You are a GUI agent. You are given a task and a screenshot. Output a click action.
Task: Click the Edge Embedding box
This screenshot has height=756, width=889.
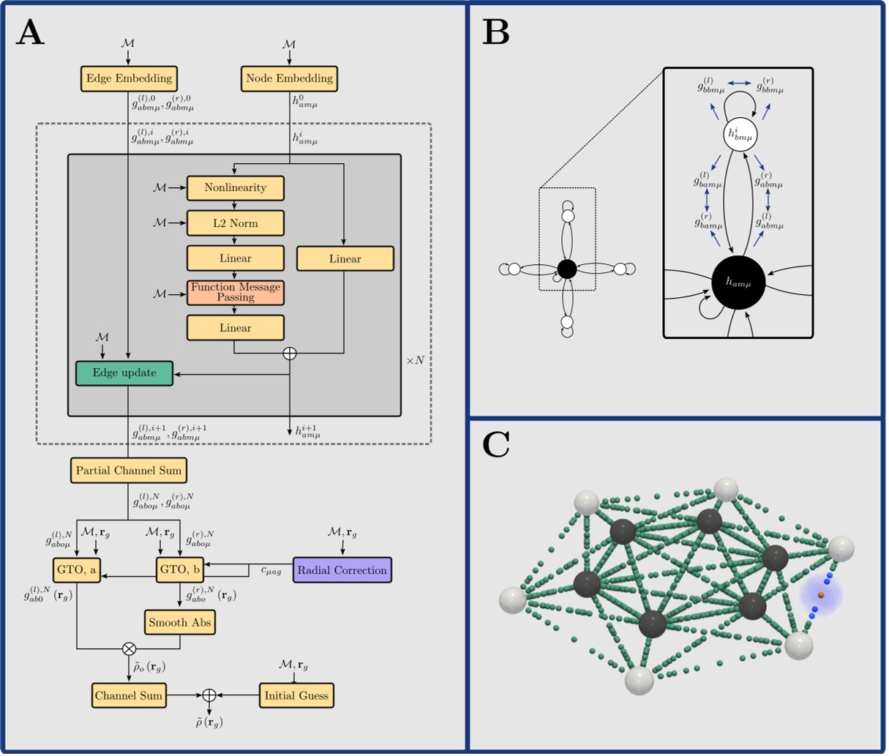[x=130, y=78]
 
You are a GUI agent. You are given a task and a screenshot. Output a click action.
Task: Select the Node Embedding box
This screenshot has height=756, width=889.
[x=289, y=78]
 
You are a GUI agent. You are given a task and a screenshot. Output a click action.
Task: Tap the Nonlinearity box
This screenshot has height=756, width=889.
[x=235, y=188]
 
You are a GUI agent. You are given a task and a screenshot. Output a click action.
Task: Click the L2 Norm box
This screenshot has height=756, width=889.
[x=235, y=223]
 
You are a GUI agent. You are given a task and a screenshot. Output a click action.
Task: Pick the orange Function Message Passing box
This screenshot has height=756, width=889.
[x=235, y=293]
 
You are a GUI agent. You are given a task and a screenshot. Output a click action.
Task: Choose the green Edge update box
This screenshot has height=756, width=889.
[x=124, y=373]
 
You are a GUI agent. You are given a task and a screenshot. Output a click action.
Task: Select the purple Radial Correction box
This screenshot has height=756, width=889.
[x=342, y=570]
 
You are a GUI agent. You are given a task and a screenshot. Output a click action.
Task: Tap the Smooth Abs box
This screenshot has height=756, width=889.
[x=179, y=623]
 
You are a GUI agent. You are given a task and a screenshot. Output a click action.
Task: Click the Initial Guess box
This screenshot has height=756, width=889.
[x=296, y=695]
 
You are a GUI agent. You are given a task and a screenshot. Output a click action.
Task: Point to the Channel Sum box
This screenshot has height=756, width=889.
[x=129, y=695]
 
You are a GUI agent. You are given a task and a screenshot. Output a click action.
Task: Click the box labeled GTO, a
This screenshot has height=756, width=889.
[x=77, y=570]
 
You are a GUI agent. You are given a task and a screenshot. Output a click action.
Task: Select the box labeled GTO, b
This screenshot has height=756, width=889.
[x=180, y=570]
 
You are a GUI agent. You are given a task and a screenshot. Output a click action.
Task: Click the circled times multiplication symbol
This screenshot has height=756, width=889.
[x=130, y=648]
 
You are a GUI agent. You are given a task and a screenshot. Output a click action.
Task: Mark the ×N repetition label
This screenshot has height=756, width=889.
[x=415, y=361]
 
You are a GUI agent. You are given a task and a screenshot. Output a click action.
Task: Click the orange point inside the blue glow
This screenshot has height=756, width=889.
[x=821, y=596]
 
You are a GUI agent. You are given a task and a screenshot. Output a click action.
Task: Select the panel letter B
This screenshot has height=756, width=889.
[x=496, y=33]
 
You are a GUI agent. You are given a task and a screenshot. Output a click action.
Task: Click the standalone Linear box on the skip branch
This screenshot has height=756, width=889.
[x=345, y=259]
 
